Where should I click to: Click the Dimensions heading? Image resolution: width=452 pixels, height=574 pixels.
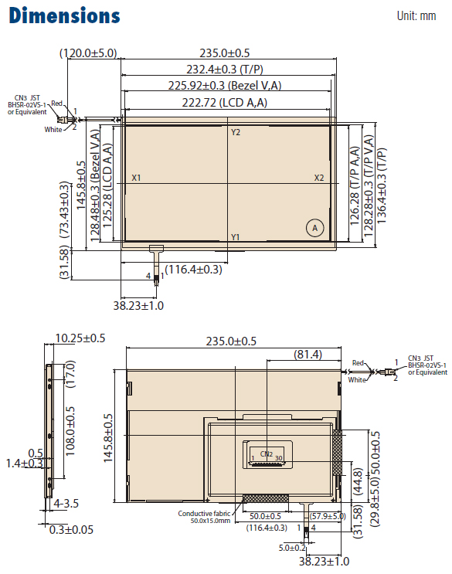[x=64, y=15]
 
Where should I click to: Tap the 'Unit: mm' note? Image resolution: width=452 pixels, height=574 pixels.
[x=416, y=15]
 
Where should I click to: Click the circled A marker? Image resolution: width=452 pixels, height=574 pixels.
[x=314, y=228]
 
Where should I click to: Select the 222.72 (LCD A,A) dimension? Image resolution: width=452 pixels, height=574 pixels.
[x=225, y=103]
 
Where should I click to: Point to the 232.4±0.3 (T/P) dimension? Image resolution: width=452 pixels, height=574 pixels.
[x=225, y=70]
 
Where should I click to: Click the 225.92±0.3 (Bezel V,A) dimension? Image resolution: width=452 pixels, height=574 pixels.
[x=225, y=86]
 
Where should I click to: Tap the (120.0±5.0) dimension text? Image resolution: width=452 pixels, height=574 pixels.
[x=88, y=53]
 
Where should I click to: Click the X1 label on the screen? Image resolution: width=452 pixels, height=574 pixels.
[x=136, y=178]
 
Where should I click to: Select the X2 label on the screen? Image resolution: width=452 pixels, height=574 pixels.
[x=319, y=178]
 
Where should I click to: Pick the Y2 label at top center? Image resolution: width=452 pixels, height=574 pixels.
[x=236, y=132]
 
